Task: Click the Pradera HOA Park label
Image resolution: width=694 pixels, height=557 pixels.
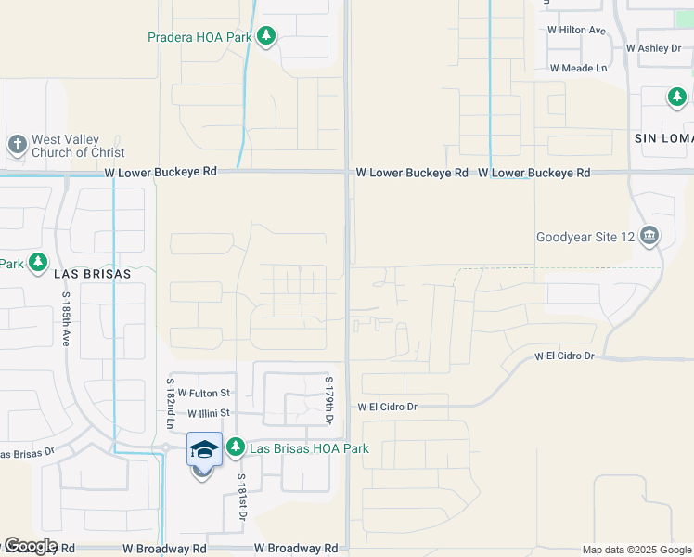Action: coord(199,38)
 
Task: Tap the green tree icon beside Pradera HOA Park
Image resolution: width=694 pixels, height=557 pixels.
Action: coord(266,37)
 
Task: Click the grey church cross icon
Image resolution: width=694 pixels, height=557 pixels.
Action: coord(17,145)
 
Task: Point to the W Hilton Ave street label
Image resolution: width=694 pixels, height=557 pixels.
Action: coord(576,30)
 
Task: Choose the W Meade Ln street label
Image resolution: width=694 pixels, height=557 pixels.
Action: coord(577,68)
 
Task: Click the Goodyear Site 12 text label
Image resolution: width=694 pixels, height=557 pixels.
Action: coord(585,237)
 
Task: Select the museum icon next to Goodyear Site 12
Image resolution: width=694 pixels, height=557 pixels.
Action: coord(649,237)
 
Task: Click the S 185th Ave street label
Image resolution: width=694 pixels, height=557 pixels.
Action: coord(67,320)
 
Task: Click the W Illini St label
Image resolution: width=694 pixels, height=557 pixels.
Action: coord(208,413)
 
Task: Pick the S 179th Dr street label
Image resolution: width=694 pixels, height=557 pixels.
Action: coord(328,400)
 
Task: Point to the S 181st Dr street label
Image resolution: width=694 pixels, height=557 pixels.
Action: coord(241,498)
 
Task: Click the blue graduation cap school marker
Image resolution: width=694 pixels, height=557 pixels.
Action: coord(204,450)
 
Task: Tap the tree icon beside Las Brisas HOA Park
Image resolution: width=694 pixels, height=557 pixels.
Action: coord(236,448)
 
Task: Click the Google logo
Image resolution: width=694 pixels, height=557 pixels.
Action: coord(30,546)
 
